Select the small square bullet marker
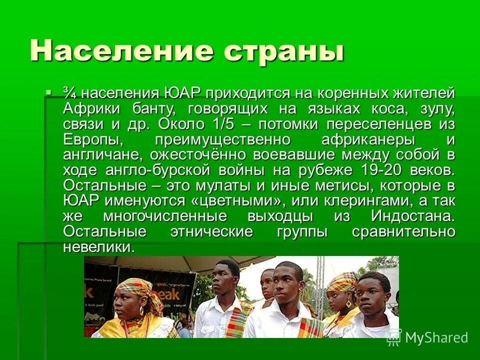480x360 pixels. (x=48, y=92)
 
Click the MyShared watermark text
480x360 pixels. (x=436, y=337)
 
